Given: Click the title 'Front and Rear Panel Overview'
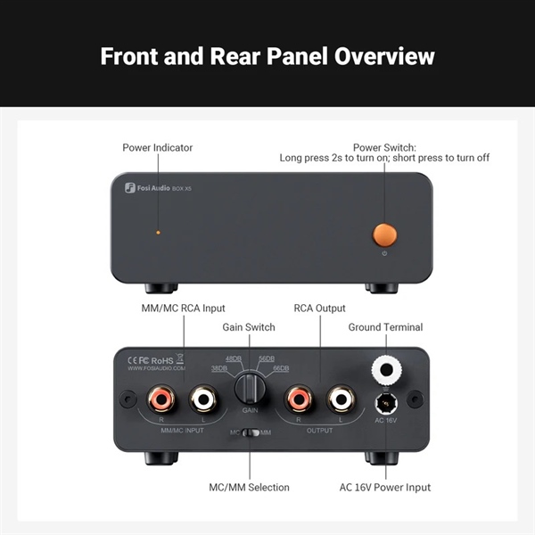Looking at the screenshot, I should click(267, 55).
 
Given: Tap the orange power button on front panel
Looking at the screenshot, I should click(384, 235).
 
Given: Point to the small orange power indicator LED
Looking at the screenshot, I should click(159, 232).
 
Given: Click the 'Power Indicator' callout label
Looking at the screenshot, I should click(157, 147).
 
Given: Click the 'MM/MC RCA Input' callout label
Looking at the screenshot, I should click(184, 309).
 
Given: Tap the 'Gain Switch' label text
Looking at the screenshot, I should click(249, 327).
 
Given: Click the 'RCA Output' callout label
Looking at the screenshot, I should click(319, 309).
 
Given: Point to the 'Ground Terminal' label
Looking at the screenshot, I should click(385, 327).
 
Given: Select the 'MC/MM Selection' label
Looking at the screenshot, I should click(250, 488).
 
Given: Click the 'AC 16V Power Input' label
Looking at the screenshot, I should click(385, 488).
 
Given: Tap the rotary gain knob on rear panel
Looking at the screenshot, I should click(250, 391).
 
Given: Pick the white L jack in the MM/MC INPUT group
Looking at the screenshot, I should click(204, 397).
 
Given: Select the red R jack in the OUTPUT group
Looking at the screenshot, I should click(299, 397).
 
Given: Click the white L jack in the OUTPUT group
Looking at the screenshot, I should click(339, 397).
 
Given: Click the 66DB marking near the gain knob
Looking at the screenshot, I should click(280, 367).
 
